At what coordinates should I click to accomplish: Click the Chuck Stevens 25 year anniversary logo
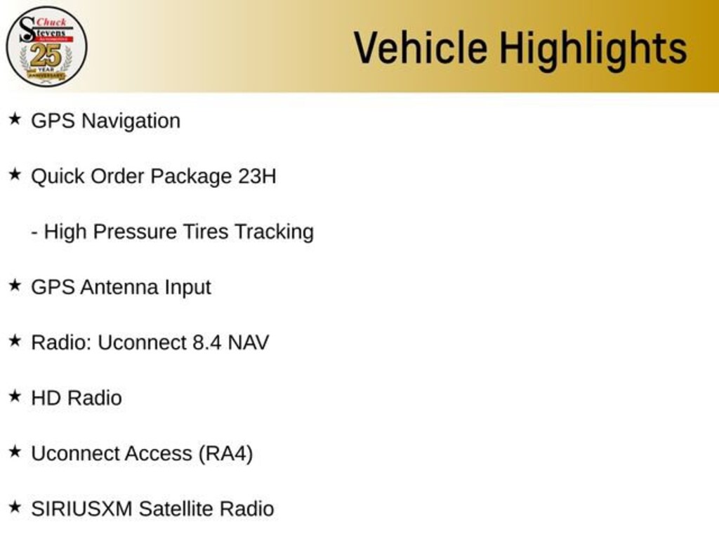click(x=46, y=46)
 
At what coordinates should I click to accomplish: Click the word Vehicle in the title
click(x=421, y=48)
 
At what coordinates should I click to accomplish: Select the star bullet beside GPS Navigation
click(x=15, y=119)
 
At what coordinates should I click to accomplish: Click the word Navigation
click(x=131, y=121)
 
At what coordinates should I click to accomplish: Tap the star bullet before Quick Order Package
click(x=15, y=175)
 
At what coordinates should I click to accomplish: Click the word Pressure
click(x=135, y=232)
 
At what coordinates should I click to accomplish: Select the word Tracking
click(x=275, y=232)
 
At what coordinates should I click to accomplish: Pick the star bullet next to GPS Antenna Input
click(x=15, y=286)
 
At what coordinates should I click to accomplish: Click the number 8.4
click(x=207, y=342)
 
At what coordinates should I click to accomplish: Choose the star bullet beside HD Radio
click(x=15, y=397)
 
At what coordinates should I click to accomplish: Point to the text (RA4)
click(x=225, y=454)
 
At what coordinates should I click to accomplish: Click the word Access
click(x=158, y=453)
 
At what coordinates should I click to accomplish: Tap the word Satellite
click(x=176, y=509)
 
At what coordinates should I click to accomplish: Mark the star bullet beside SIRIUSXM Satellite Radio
click(x=15, y=507)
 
